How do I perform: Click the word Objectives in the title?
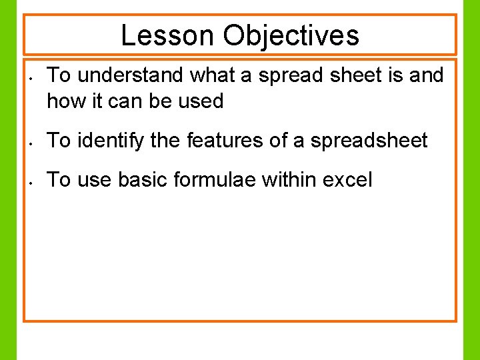291,35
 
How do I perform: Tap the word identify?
108,140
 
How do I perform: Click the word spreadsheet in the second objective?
369,140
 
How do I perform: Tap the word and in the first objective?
426,76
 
